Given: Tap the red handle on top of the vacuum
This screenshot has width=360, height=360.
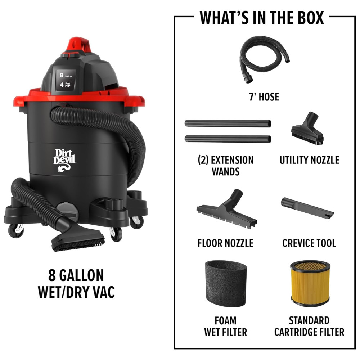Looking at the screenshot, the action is point(79,45).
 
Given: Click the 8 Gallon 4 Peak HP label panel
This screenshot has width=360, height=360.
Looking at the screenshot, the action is point(66,80).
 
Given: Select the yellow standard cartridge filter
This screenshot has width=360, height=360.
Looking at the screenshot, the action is point(310,283).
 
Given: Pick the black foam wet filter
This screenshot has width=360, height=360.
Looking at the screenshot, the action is point(226,284).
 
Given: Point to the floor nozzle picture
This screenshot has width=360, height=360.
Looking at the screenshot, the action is point(227,209).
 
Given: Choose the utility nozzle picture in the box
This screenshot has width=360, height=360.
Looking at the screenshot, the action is point(308,129).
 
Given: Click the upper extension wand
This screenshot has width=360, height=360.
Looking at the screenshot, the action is point(228,123).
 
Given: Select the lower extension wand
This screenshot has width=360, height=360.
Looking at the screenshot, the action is point(228,139).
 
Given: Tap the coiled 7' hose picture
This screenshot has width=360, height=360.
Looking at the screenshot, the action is point(264,59).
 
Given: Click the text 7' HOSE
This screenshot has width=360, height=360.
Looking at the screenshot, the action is point(264,97).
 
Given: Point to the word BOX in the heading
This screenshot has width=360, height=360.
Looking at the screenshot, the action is point(311,18).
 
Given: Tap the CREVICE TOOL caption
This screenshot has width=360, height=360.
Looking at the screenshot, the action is point(309,243).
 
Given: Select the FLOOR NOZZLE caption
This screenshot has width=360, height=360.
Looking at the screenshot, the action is point(225,243).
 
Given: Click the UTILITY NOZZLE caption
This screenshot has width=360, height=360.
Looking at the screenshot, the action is point(309,160).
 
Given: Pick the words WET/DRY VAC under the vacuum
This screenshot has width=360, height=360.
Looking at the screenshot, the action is point(76,292).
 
